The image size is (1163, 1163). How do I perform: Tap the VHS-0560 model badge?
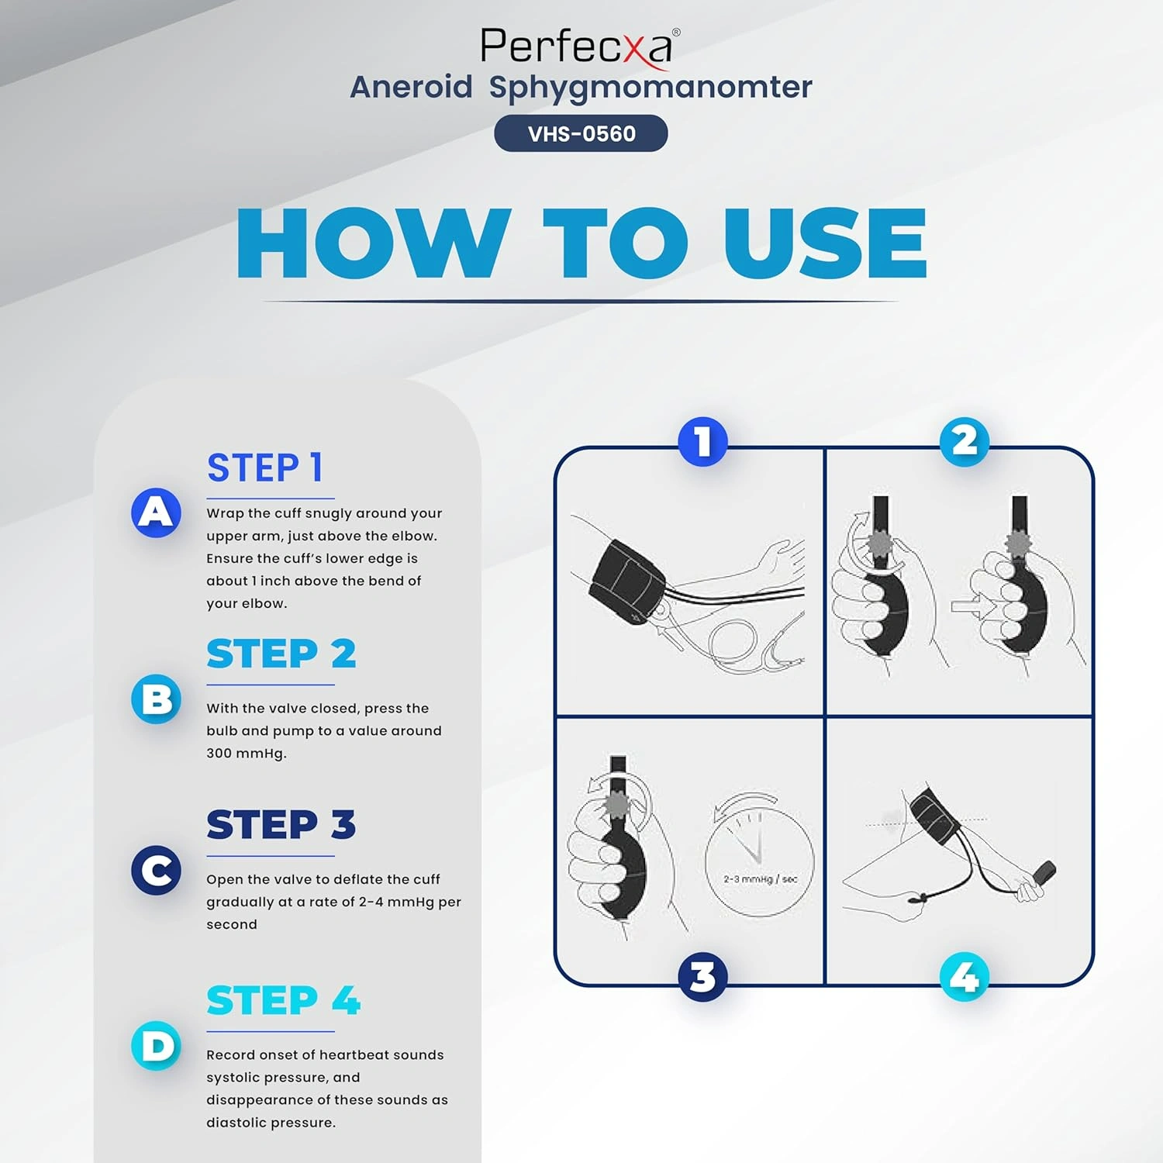(x=581, y=133)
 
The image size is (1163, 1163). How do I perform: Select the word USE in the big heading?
(x=825, y=243)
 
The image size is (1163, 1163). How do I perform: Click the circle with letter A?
(x=156, y=512)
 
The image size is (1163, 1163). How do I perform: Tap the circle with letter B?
(x=156, y=699)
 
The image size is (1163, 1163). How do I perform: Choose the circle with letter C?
(x=156, y=870)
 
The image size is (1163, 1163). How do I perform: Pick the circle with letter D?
(x=156, y=1046)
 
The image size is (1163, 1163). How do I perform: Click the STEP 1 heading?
(x=264, y=468)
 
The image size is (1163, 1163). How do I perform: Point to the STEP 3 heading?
(x=281, y=824)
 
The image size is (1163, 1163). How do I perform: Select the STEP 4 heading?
(x=283, y=1000)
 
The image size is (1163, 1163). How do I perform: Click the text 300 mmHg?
(x=246, y=754)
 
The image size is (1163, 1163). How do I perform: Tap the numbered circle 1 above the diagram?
(x=702, y=442)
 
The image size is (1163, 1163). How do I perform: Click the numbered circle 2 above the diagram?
(x=965, y=442)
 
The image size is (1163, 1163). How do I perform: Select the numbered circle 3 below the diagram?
(x=702, y=977)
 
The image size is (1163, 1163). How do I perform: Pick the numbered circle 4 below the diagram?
(x=965, y=977)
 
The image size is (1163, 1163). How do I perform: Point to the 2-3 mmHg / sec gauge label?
(x=760, y=879)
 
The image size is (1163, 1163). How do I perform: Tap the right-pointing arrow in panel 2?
(x=972, y=606)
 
